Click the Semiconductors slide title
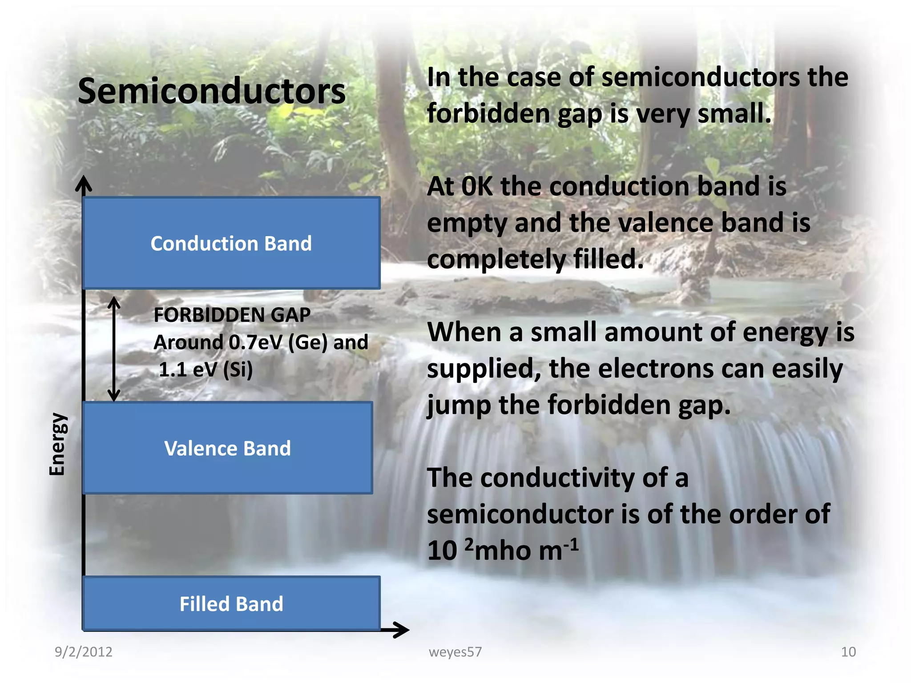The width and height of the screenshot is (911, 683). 212,92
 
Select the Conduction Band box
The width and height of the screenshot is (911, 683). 231,243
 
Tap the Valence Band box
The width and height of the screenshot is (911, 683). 227,448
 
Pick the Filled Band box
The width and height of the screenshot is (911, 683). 231,603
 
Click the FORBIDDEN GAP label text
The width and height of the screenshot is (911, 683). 232,315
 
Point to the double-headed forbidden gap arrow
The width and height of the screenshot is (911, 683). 114,349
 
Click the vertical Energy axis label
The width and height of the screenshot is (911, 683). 57,444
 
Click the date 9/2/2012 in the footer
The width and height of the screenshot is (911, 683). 83,652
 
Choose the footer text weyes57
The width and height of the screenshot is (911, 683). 455,652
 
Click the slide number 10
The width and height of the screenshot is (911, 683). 848,652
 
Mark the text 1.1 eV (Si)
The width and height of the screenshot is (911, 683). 206,370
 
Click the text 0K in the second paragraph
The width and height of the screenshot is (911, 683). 477,186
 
